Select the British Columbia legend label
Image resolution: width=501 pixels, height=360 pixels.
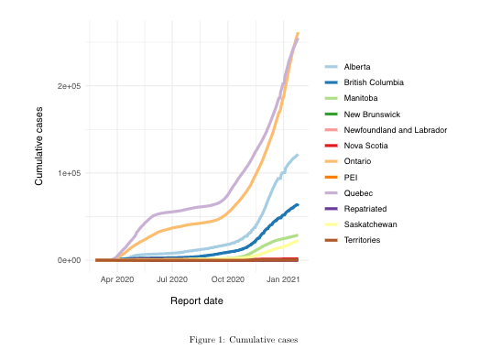click(374, 82)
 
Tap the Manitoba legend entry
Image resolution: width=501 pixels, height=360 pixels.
click(361, 98)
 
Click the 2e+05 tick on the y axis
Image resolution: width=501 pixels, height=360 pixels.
click(69, 86)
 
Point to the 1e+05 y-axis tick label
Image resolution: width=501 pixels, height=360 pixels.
click(69, 173)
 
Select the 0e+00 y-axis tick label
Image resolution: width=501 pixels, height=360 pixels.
click(69, 260)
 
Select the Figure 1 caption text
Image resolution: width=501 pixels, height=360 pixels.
click(244, 340)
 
